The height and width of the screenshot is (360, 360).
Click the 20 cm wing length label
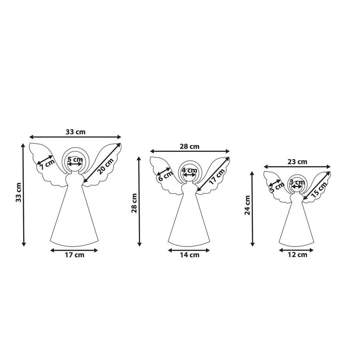coord(105,166)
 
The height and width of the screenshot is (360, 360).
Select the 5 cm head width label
coord(75,159)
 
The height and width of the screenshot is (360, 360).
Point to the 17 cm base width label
coord(74,255)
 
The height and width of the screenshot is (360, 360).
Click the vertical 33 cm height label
coord(19,193)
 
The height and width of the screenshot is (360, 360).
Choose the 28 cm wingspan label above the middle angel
coord(189,146)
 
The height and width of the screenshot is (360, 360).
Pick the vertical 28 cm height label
coord(134,203)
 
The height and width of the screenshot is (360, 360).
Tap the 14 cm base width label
coord(190,255)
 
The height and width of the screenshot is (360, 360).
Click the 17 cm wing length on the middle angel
coord(217,176)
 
